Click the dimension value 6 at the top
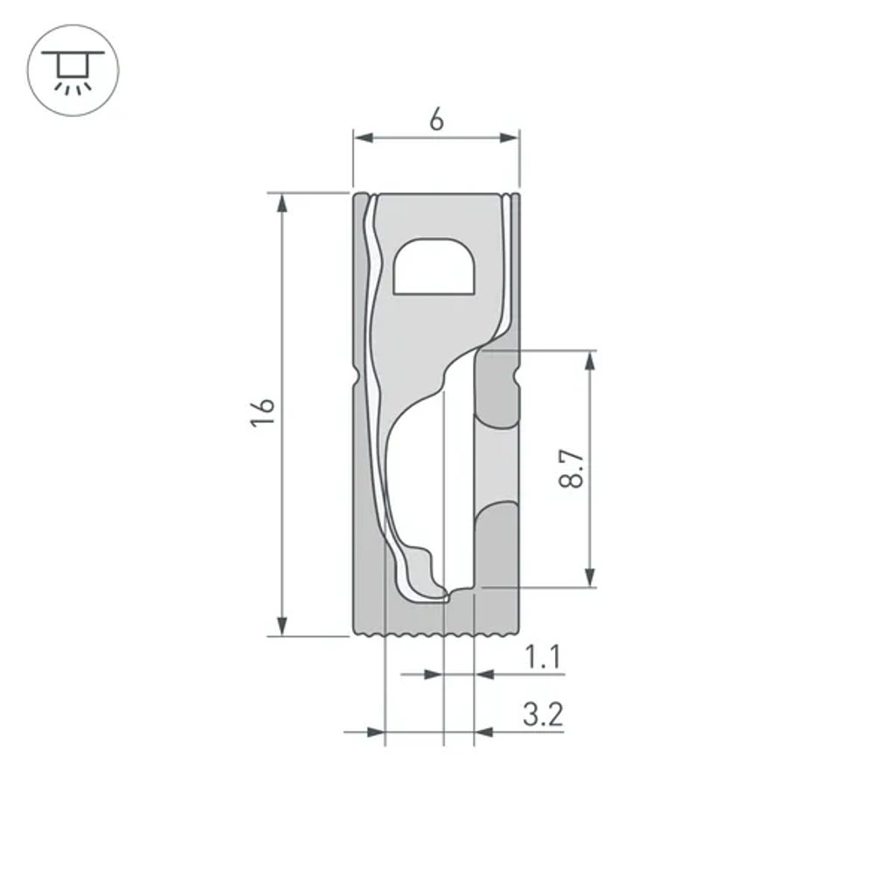pos(436,120)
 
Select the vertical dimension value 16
pos(263,412)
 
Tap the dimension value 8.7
pos(572,469)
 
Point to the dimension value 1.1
pos(543,657)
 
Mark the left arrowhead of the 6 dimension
pos(363,138)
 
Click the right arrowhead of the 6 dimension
pos(510,138)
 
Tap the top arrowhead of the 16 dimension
pos(281,203)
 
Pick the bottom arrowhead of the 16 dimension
pos(281,626)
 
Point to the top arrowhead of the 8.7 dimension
pos(590,361)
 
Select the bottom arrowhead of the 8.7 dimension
pos(590,577)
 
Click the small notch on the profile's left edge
pos(357,376)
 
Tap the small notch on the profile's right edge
pos(517,378)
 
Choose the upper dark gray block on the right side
pos(495,389)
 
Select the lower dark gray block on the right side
pos(496,546)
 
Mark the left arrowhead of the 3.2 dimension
pos(375,732)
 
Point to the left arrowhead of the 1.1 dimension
pos(434,674)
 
